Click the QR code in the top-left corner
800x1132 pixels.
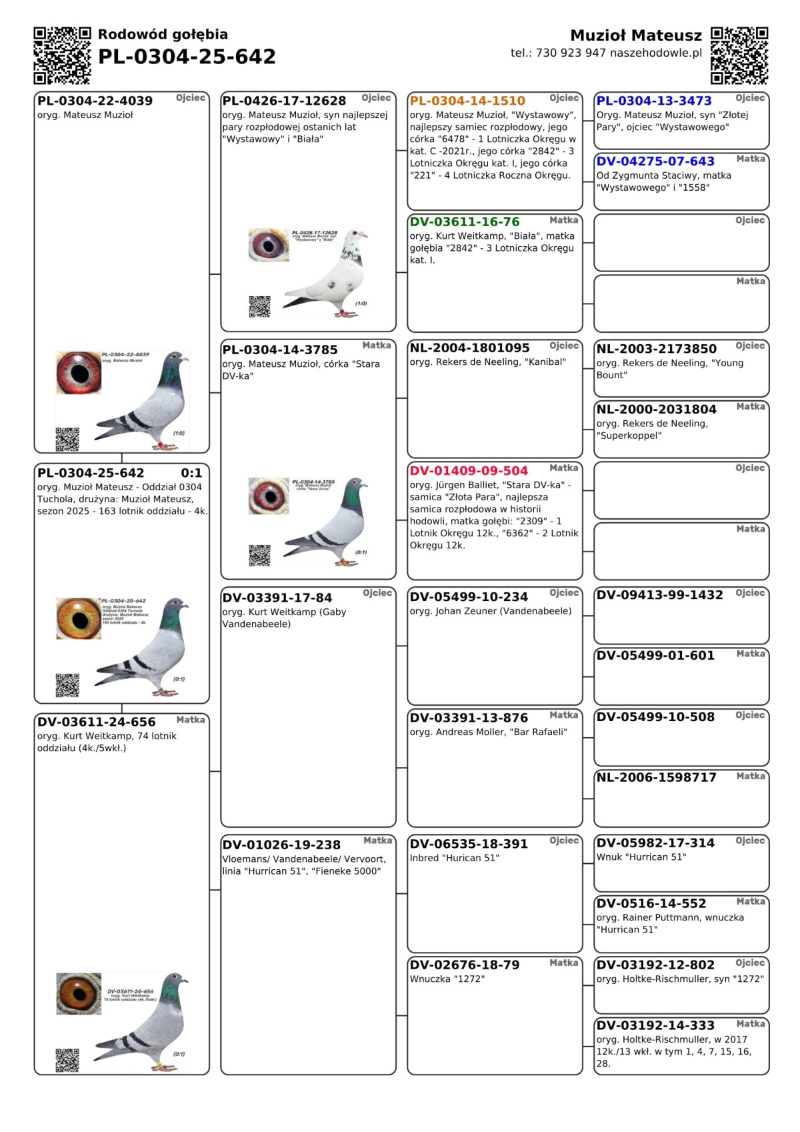(x=62, y=55)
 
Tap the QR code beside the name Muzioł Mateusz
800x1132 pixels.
(x=739, y=55)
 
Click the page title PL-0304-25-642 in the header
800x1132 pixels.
(x=187, y=57)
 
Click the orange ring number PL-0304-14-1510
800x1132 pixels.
(x=467, y=101)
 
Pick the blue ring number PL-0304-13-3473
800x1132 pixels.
(x=654, y=101)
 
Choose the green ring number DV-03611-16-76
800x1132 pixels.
(x=465, y=221)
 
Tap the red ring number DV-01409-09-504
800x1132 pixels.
(x=469, y=470)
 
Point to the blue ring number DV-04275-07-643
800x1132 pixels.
(x=655, y=161)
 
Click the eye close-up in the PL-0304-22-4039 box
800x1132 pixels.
(x=79, y=372)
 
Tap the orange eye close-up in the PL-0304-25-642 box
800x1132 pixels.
(x=79, y=618)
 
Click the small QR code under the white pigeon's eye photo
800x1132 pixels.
(x=259, y=307)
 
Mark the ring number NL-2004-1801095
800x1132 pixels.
(x=469, y=348)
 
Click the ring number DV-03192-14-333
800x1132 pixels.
(x=655, y=1025)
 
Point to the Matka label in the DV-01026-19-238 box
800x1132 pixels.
(x=377, y=840)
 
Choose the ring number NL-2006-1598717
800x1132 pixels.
(x=656, y=777)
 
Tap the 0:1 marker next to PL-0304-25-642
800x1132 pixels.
(x=191, y=473)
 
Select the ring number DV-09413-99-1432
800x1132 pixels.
(x=659, y=595)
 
